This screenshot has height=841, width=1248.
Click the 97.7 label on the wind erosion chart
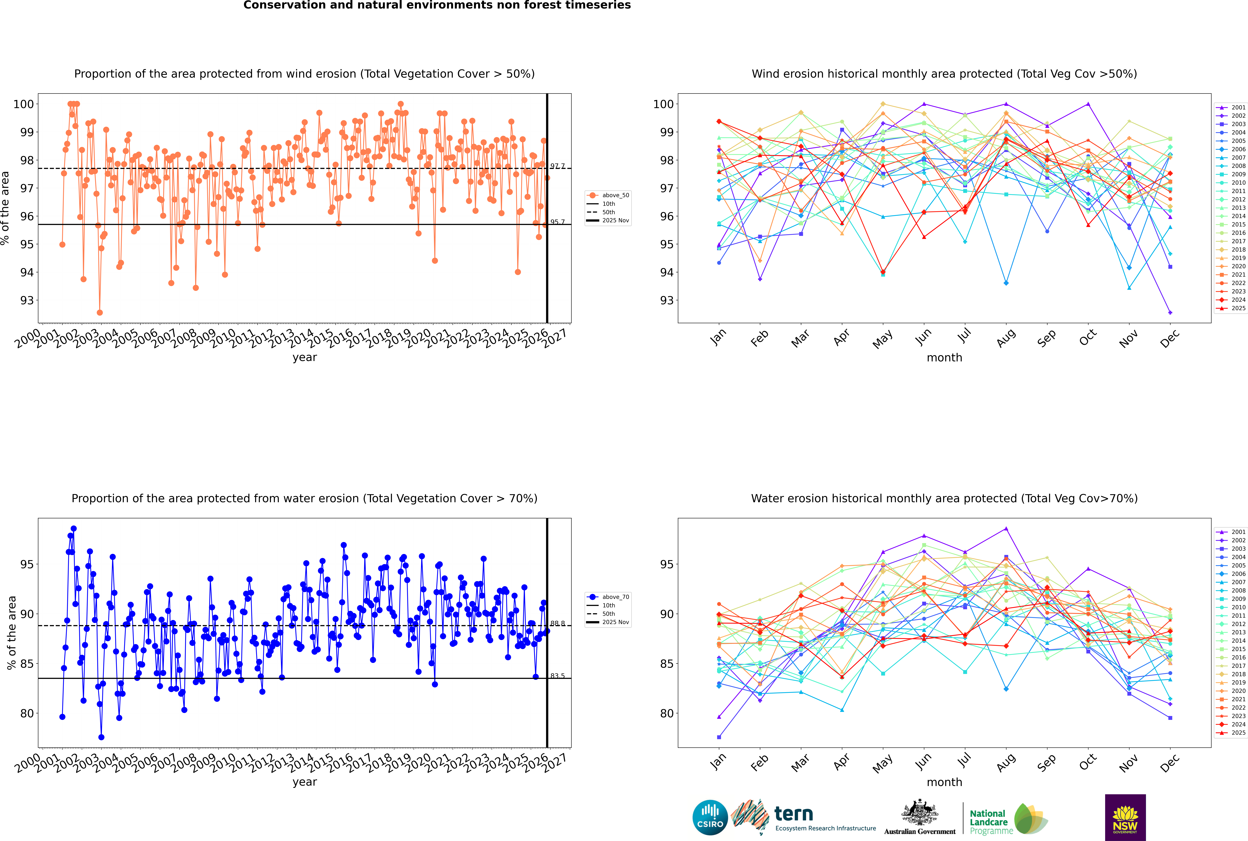coord(557,166)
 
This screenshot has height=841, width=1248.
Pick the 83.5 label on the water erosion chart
coord(557,676)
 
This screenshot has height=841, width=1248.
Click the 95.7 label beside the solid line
coord(557,222)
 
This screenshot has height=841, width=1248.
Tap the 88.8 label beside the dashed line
coord(557,624)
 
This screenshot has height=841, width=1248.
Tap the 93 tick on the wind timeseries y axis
coord(27,300)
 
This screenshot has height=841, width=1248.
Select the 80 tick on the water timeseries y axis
coord(27,713)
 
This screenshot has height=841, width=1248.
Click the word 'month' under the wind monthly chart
coord(944,358)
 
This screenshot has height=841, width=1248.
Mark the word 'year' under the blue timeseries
coord(305,782)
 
